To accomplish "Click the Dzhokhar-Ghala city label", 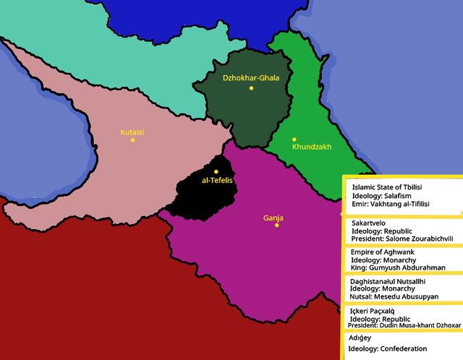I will [x=251, y=77].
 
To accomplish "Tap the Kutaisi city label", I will [x=132, y=132].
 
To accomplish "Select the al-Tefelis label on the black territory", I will [x=216, y=181].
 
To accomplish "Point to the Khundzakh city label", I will [x=311, y=147].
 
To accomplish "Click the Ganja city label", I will [x=273, y=218].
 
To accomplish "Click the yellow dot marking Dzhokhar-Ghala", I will [x=252, y=88].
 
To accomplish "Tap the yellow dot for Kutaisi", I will [x=132, y=140].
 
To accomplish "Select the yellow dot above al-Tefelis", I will [x=216, y=171].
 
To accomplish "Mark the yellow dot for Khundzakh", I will [x=294, y=139].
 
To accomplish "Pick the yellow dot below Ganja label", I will [x=276, y=225].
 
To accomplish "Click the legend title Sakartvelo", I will [x=370, y=225].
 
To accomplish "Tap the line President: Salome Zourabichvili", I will [x=402, y=238].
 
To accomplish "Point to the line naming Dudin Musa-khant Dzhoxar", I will [x=402, y=325].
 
